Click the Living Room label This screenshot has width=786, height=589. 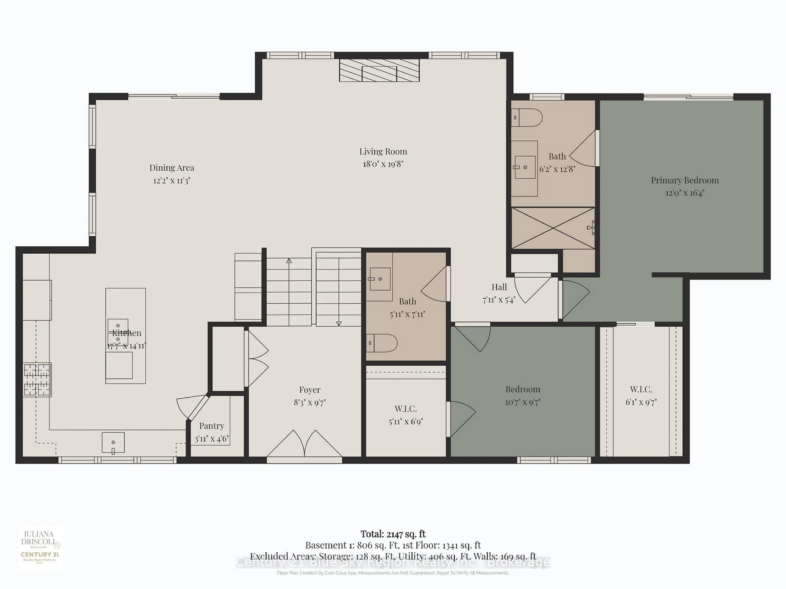[x=383, y=152]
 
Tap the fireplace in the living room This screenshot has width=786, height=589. [x=379, y=70]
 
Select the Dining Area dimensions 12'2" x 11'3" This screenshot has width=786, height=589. [x=172, y=180]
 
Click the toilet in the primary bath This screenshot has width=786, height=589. [x=527, y=118]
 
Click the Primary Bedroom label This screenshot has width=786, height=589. [x=684, y=180]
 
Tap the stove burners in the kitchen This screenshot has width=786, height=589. [x=37, y=380]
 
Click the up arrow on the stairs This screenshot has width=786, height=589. [x=289, y=261]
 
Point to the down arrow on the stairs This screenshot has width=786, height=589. [x=339, y=323]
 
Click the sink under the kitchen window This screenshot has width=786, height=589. [x=113, y=442]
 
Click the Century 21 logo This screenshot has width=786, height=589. [x=40, y=555]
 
